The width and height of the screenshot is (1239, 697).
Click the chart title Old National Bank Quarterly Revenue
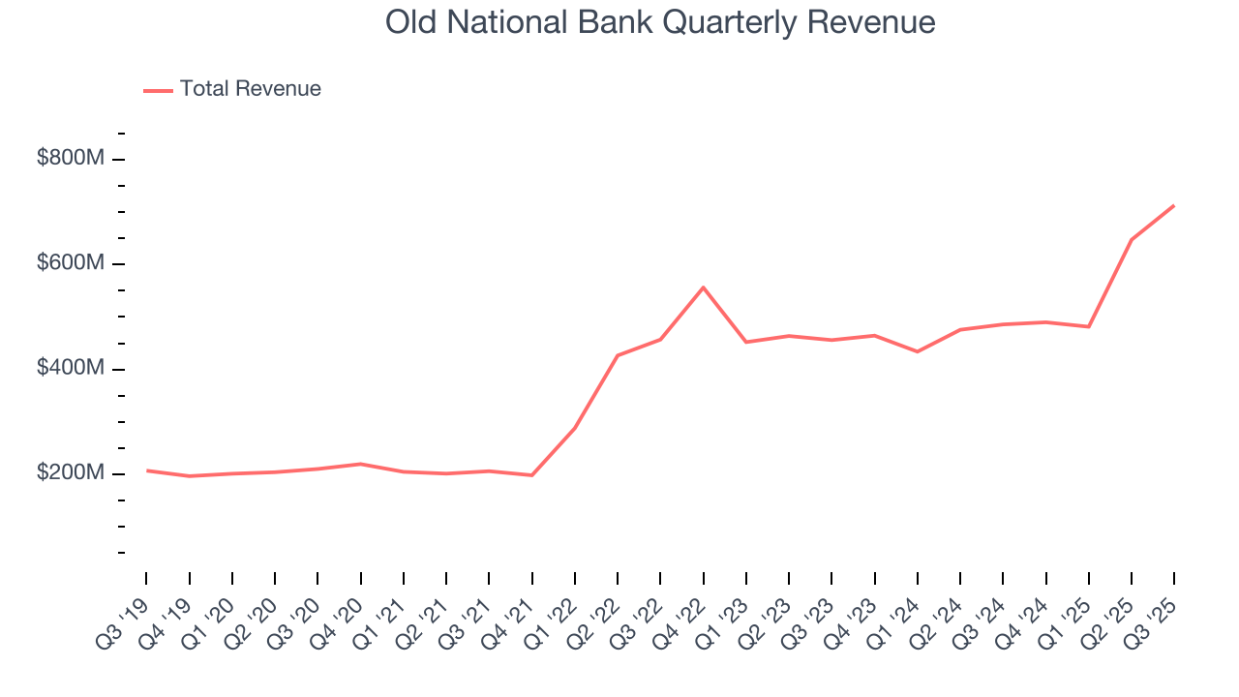[x=660, y=22]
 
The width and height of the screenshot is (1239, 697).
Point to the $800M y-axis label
[x=70, y=159]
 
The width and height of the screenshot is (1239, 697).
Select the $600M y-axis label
[x=70, y=263]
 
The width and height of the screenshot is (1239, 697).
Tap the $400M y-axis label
[x=70, y=369]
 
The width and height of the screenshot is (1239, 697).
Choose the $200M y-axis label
[x=70, y=473]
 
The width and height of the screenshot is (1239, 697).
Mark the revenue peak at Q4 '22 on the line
[x=704, y=288]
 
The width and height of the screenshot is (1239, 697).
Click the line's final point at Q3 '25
[x=1174, y=205]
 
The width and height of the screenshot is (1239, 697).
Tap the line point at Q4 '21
[x=531, y=475]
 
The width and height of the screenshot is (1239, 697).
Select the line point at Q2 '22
[x=618, y=355]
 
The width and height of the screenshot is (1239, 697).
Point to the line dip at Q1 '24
[x=917, y=351]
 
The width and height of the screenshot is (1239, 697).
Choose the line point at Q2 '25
[x=1132, y=239]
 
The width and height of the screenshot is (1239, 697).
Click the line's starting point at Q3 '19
[x=147, y=470]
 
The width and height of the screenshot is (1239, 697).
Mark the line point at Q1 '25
[x=1089, y=326]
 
